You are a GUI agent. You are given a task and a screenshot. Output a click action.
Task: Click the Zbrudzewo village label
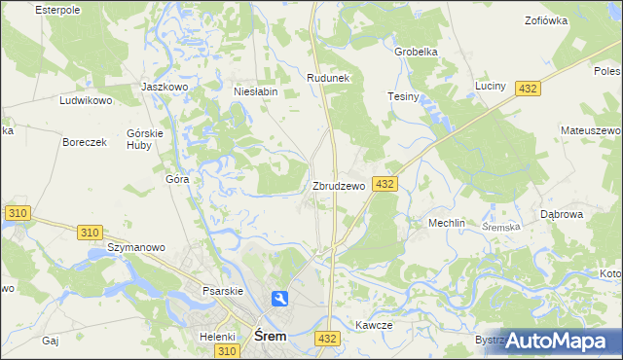pos(339,186)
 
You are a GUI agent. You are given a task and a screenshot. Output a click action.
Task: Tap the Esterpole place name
pos(56,9)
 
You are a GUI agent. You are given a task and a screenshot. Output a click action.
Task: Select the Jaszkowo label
pos(164,87)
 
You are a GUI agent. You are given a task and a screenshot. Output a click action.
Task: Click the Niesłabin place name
pos(256,92)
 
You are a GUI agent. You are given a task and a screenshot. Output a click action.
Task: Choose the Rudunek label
pos(328,78)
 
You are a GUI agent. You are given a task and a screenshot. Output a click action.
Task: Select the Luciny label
pos(491,87)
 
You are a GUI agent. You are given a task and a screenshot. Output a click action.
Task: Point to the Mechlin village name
pos(448,223)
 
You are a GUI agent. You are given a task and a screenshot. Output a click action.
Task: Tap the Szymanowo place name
pos(135,247)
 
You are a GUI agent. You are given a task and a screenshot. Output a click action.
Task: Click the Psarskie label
pos(196,289)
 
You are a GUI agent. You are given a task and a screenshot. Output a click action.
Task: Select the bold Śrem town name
pos(270,336)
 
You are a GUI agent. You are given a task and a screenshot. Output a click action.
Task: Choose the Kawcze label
pos(374,326)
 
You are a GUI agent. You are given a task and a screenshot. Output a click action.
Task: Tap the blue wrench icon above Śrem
pos(280,300)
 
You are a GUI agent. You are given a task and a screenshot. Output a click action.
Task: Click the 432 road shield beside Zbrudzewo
pos(384,184)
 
